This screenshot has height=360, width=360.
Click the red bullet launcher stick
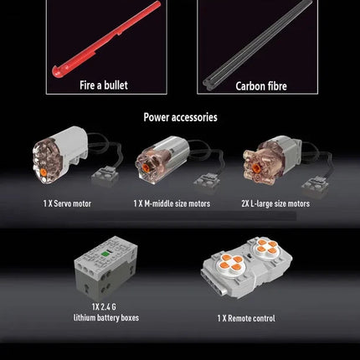(x=106, y=39)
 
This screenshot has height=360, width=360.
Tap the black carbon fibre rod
(x=257, y=44)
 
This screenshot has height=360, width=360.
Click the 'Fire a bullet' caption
(x=104, y=85)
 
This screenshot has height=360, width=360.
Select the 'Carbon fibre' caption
(x=261, y=86)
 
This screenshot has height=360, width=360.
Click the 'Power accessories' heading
(x=180, y=117)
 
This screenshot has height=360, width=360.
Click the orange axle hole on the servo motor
(x=43, y=172)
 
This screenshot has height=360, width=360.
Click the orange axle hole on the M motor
(x=146, y=167)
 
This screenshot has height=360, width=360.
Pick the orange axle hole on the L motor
(x=255, y=167)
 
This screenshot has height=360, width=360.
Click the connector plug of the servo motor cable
(x=105, y=177)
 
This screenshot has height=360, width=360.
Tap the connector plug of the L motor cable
(x=315, y=186)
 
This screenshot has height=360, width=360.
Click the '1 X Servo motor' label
(x=67, y=203)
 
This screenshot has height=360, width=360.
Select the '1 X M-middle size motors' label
(x=172, y=203)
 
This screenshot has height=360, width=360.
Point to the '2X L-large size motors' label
(x=275, y=203)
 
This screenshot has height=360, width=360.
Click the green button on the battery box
(x=105, y=254)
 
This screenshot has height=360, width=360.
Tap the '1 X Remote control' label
(x=246, y=318)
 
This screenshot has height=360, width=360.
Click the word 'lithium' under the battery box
(x=84, y=317)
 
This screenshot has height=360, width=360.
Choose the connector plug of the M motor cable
(x=207, y=183)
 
